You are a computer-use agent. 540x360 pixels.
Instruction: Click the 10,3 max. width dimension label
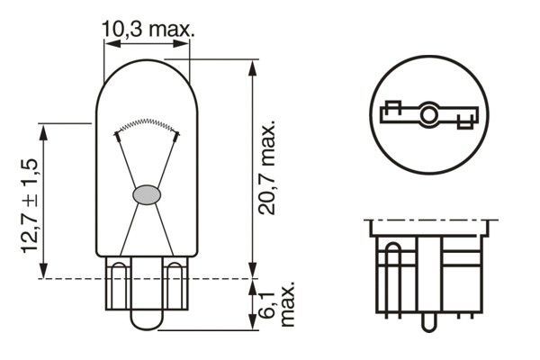point(147,29)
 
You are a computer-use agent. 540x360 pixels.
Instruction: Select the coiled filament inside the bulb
point(146,123)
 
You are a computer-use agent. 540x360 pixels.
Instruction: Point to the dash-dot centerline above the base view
point(429,220)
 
